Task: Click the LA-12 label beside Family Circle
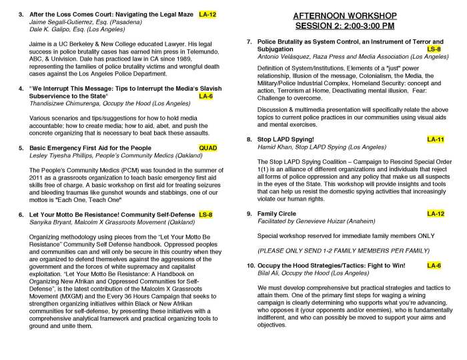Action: (x=436, y=213)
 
